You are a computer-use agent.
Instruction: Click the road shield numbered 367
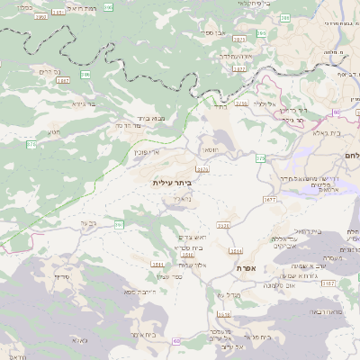click(x=118, y=222)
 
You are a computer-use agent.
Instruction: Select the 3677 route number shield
click(x=269, y=199)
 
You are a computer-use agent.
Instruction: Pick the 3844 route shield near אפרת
click(x=236, y=251)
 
